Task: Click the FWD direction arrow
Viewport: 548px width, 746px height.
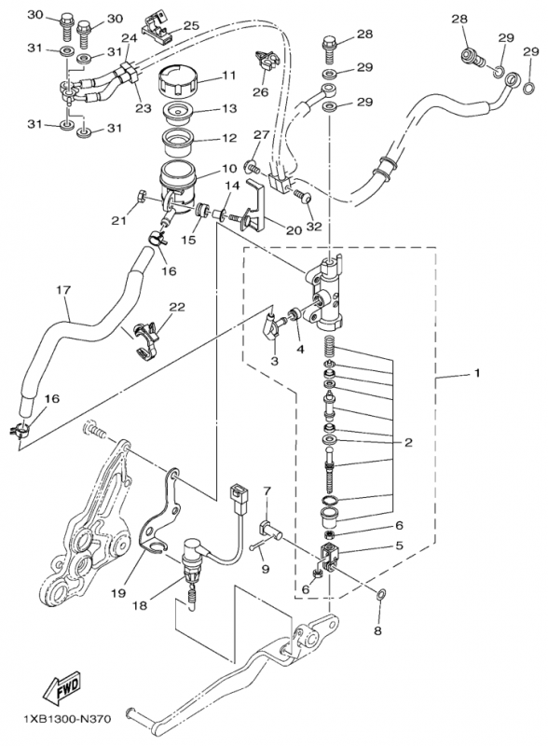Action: [62, 688]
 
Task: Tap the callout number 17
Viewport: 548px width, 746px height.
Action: [63, 289]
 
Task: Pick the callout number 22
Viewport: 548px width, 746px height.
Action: [177, 308]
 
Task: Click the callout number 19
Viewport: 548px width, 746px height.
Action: [118, 593]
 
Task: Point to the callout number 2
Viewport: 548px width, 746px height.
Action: [408, 442]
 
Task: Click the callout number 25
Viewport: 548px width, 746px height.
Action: [191, 26]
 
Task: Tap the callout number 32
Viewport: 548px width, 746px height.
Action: [314, 227]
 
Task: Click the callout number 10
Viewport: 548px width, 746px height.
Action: [229, 168]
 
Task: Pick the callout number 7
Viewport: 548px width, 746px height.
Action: [267, 490]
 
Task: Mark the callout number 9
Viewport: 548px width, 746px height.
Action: [265, 568]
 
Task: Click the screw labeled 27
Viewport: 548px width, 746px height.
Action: [253, 168]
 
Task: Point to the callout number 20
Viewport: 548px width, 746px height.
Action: [294, 230]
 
